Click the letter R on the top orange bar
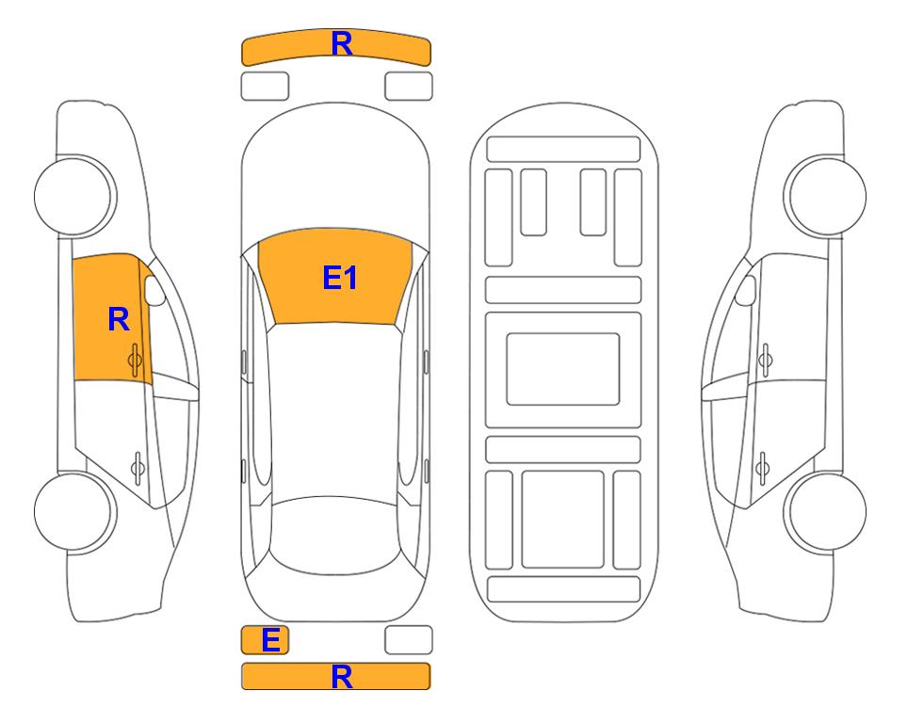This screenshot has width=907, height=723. pos(341,44)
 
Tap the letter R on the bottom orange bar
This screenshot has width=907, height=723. pos(341,676)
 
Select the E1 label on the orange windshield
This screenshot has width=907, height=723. pos(340,278)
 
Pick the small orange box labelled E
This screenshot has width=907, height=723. pos(265,640)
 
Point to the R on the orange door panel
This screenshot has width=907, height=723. pos(119,319)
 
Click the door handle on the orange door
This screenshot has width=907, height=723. pos(136,360)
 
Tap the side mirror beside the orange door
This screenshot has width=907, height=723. pos(154,291)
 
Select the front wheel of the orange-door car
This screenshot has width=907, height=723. pos(73,196)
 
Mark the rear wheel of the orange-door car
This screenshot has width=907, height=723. pos(73,511)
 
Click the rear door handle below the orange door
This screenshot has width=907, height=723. pos(138,467)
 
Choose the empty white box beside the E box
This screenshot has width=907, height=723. pos(409,640)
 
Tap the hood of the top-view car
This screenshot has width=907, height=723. pos(335,173)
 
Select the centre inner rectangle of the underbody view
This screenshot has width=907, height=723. pos(563,369)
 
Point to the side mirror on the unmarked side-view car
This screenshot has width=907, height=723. pos(746,291)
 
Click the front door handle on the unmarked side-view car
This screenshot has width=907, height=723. pos(765,360)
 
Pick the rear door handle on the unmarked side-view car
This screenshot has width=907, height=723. pos(762,467)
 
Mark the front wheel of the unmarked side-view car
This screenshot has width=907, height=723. pos(827,196)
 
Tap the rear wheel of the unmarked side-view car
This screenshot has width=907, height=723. pos(827,511)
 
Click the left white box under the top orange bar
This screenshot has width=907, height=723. pos(265,87)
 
